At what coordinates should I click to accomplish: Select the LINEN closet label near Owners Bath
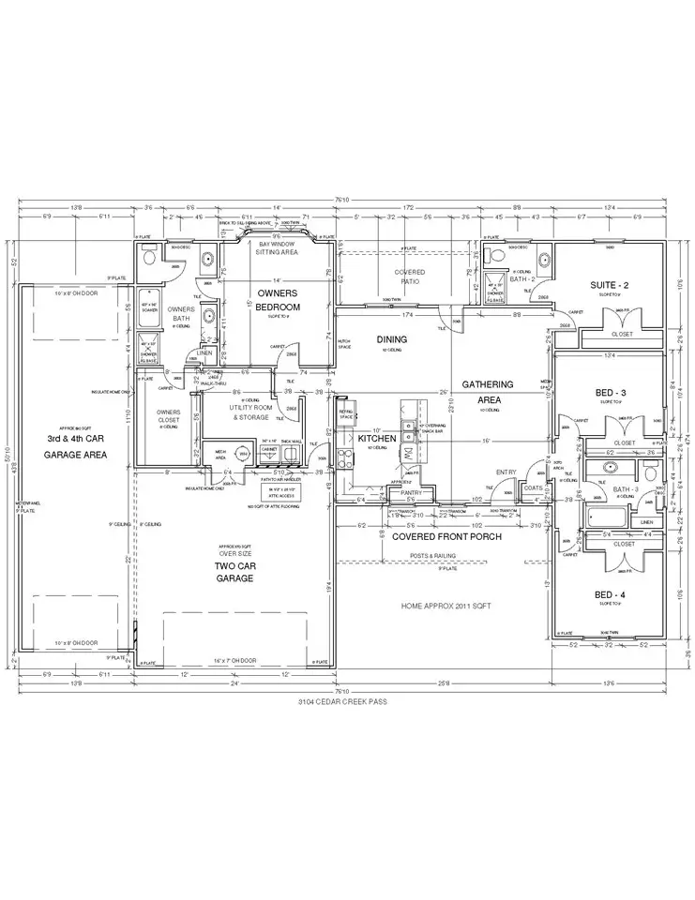pyautogui.click(x=204, y=352)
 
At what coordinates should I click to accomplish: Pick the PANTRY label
pyautogui.click(x=409, y=492)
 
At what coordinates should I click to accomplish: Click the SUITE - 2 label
pyautogui.click(x=608, y=284)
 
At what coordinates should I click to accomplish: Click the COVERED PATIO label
pyautogui.click(x=409, y=277)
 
